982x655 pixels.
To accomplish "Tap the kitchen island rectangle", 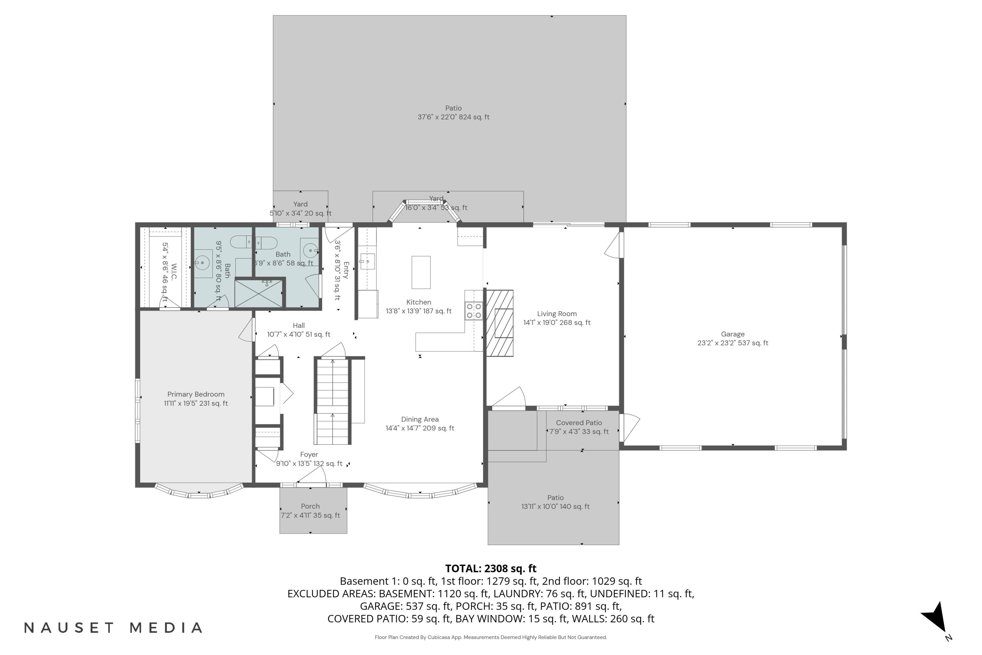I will tap(421, 272).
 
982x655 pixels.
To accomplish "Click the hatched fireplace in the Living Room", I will tap(500, 323).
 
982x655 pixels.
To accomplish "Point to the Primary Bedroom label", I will tap(196, 399).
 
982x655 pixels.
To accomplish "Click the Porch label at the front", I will tap(310, 511).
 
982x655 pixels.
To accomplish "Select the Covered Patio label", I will tap(579, 427).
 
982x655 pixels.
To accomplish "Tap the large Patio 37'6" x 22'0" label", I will tap(453, 112).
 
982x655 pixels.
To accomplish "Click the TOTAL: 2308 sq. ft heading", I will tap(491, 569).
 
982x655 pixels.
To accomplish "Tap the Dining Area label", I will tap(420, 423).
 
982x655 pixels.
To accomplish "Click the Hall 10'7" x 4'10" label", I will tap(299, 329).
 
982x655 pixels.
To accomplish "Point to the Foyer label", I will tap(309, 459).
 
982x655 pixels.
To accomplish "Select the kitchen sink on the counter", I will tap(367, 261).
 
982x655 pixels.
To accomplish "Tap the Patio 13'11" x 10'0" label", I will tap(555, 502).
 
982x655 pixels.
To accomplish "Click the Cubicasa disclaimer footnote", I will tap(491, 637).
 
